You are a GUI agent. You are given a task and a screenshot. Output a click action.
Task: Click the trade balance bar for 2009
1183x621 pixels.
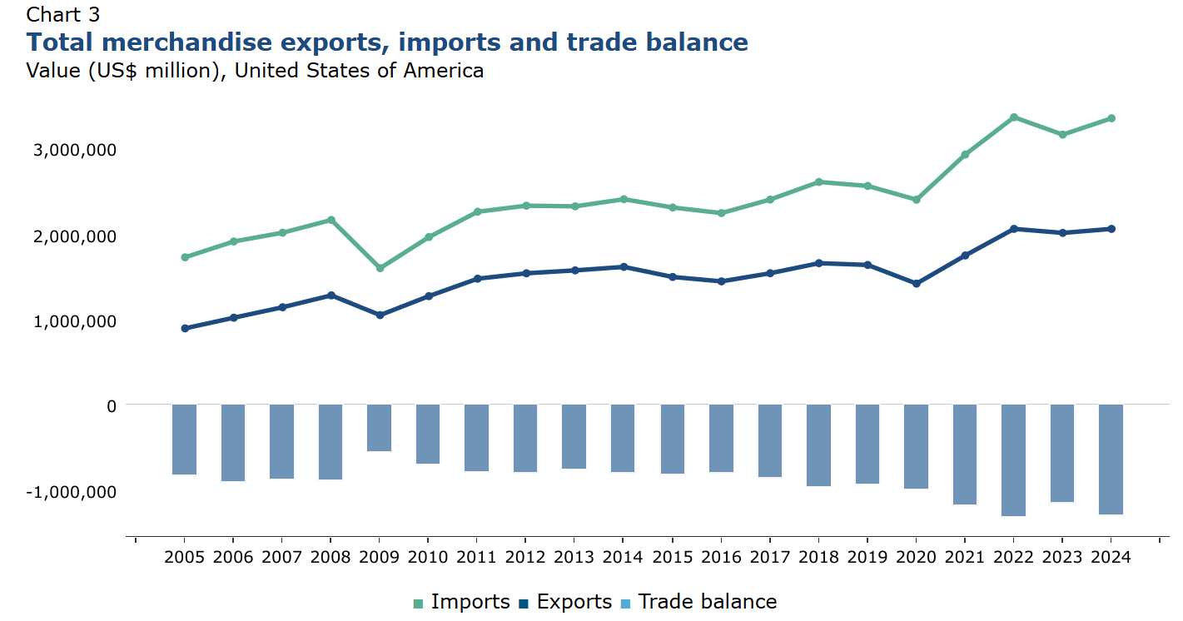[380, 428]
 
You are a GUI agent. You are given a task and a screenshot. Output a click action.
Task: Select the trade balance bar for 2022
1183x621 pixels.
[1013, 460]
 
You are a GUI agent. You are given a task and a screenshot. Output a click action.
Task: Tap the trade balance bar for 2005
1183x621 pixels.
[184, 440]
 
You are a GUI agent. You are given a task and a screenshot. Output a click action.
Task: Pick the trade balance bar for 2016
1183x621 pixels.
[721, 438]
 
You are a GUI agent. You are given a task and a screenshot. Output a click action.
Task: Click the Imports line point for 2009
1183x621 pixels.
[380, 268]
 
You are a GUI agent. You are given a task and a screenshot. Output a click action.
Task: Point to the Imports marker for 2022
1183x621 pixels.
[1013, 117]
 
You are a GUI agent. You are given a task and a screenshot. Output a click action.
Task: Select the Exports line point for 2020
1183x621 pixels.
[916, 284]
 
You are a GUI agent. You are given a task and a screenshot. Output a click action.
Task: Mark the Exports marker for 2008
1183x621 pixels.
[331, 296]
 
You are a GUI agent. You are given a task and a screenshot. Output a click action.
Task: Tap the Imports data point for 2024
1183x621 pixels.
[1111, 118]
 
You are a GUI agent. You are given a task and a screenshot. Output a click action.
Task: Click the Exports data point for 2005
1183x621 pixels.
[185, 328]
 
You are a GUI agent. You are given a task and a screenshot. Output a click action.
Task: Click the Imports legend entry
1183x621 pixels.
[462, 602]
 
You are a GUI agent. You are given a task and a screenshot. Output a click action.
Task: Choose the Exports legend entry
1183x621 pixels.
[565, 602]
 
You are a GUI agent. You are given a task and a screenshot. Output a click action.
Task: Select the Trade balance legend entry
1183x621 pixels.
[699, 602]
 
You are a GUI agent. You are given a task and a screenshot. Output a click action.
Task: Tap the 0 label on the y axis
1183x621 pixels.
[111, 405]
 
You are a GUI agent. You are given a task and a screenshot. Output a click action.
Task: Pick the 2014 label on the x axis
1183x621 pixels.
[623, 556]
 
